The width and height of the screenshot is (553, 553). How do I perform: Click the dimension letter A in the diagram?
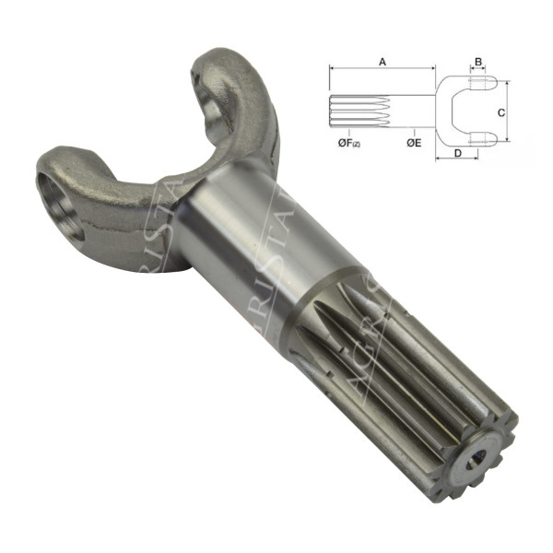[x=382, y=60]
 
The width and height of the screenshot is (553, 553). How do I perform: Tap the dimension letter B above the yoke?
[x=477, y=61]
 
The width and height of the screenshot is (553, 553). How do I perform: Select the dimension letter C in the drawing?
[x=500, y=112]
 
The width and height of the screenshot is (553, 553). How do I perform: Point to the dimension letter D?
[x=458, y=152]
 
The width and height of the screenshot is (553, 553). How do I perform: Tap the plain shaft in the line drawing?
[x=416, y=110]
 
